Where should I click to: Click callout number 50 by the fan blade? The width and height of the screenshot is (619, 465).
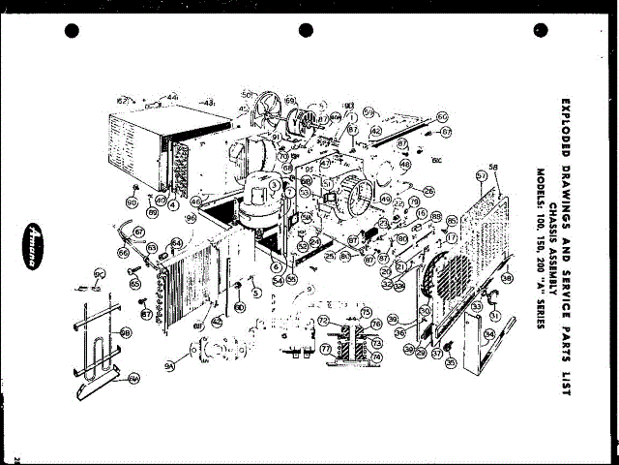(x=247, y=94)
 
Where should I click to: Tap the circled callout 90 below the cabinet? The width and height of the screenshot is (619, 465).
(x=131, y=202)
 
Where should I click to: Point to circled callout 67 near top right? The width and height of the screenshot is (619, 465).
(x=446, y=131)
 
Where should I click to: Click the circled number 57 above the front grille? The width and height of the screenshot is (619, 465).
(x=481, y=175)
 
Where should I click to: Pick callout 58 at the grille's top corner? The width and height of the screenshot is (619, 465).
(x=493, y=166)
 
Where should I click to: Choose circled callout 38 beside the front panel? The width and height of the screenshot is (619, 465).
(x=506, y=279)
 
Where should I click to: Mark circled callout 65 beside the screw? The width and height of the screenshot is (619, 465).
(x=134, y=284)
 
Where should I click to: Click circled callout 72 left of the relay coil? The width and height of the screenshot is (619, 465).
(x=324, y=319)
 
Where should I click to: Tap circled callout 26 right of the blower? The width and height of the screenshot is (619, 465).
(x=428, y=191)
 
